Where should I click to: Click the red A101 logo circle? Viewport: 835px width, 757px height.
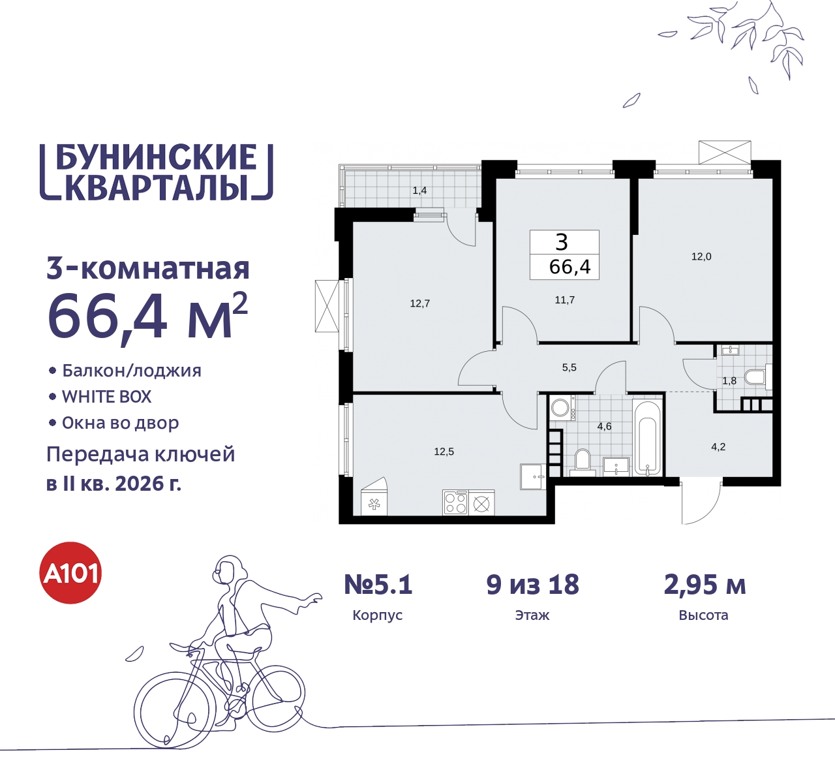(71, 573)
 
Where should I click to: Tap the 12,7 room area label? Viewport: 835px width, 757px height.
(419, 303)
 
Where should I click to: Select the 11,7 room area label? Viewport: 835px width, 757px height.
(564, 300)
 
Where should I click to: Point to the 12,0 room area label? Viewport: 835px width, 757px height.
(701, 256)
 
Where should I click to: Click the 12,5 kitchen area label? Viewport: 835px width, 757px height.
(444, 452)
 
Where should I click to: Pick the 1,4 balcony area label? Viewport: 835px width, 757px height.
(419, 191)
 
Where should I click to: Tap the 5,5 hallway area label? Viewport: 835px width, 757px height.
(569, 367)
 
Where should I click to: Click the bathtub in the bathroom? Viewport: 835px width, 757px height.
(647, 437)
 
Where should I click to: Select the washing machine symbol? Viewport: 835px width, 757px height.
(560, 409)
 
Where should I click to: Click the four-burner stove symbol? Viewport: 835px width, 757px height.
(455, 502)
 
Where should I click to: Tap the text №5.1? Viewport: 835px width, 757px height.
(378, 585)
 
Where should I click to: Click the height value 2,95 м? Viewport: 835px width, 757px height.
(705, 585)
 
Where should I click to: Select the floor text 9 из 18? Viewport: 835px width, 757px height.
(532, 585)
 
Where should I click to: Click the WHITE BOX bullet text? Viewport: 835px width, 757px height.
(106, 397)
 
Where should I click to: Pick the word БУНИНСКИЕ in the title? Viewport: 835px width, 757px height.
(156, 157)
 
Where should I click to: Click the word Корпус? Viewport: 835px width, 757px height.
(377, 615)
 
